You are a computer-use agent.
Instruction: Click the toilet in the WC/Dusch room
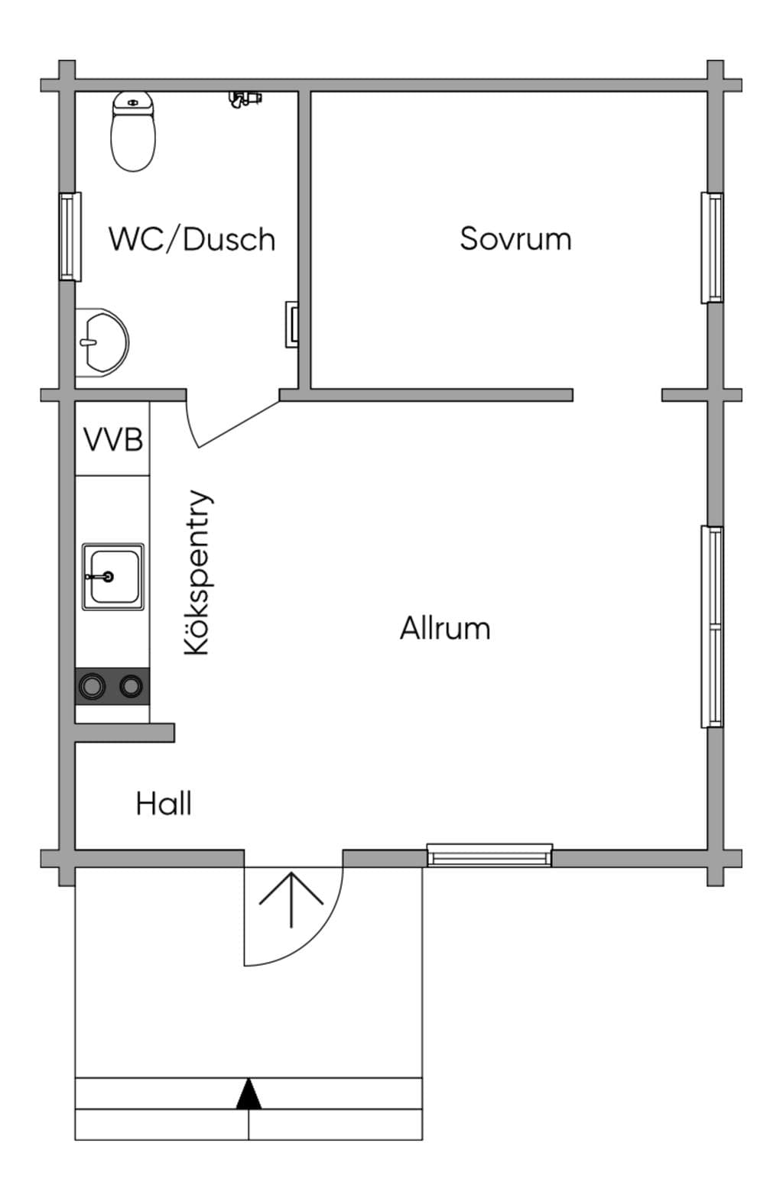(133, 131)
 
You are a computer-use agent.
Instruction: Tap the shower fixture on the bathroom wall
(245, 99)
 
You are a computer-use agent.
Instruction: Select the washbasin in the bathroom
(102, 342)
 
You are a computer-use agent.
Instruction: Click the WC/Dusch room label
(192, 239)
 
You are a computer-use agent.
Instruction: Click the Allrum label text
(445, 628)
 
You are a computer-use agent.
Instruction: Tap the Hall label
(164, 804)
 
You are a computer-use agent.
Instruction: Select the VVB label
(113, 439)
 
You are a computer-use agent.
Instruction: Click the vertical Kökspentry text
(197, 572)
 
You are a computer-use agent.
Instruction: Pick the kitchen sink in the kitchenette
(112, 577)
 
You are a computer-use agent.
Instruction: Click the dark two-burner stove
(112, 686)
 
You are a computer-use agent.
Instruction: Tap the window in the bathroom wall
(70, 236)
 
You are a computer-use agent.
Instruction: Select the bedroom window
(712, 248)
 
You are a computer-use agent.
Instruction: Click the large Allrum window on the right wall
(712, 626)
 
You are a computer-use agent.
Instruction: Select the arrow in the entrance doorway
(291, 900)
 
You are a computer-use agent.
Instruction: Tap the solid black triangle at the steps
(249, 1094)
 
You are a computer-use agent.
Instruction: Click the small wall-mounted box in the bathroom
(291, 324)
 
